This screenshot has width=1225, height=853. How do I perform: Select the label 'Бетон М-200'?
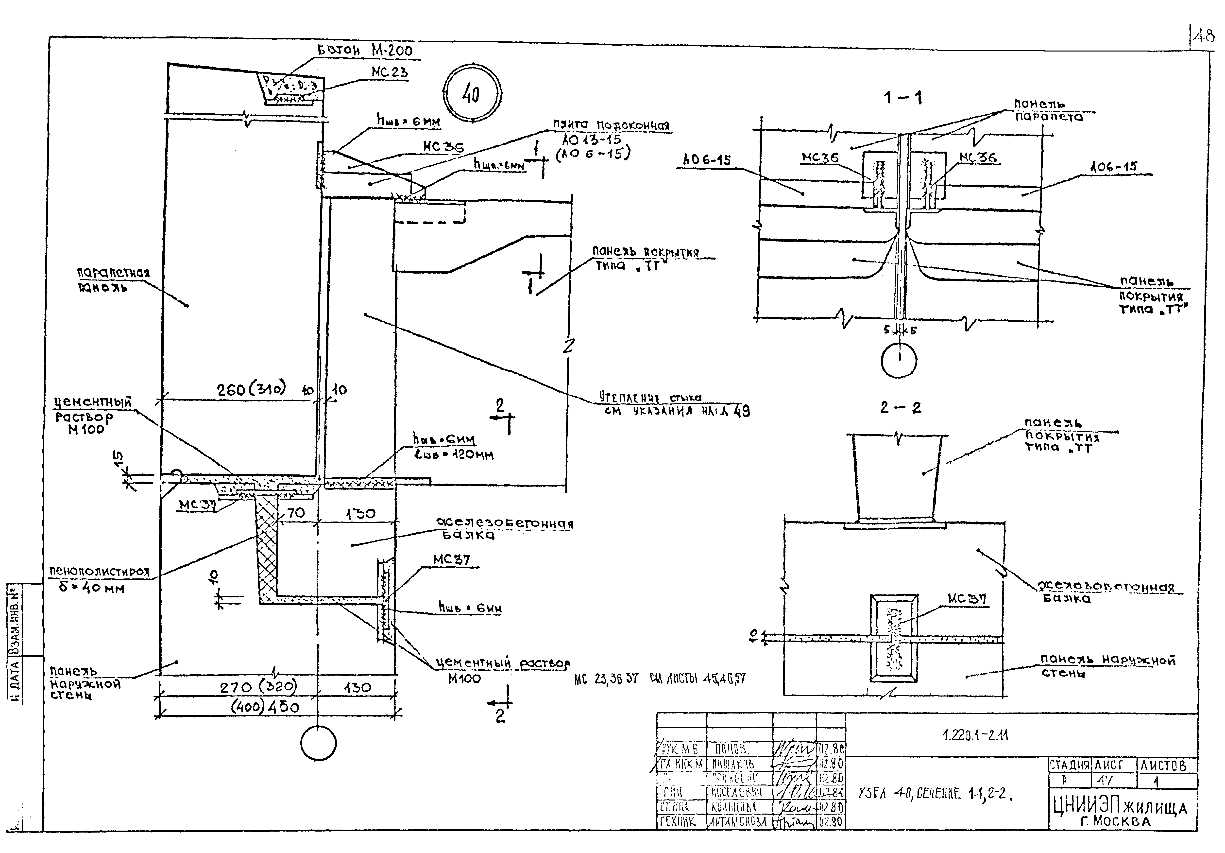click(x=365, y=51)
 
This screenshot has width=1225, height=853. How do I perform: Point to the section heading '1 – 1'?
click(x=903, y=98)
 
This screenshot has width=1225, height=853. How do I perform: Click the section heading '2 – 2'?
click(x=901, y=408)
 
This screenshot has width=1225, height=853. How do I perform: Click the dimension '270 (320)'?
click(x=259, y=687)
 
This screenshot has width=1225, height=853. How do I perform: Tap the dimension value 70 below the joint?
click(x=296, y=514)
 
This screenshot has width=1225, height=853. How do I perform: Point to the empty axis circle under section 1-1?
click(x=899, y=360)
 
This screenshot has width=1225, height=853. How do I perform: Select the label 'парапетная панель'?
click(x=113, y=280)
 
